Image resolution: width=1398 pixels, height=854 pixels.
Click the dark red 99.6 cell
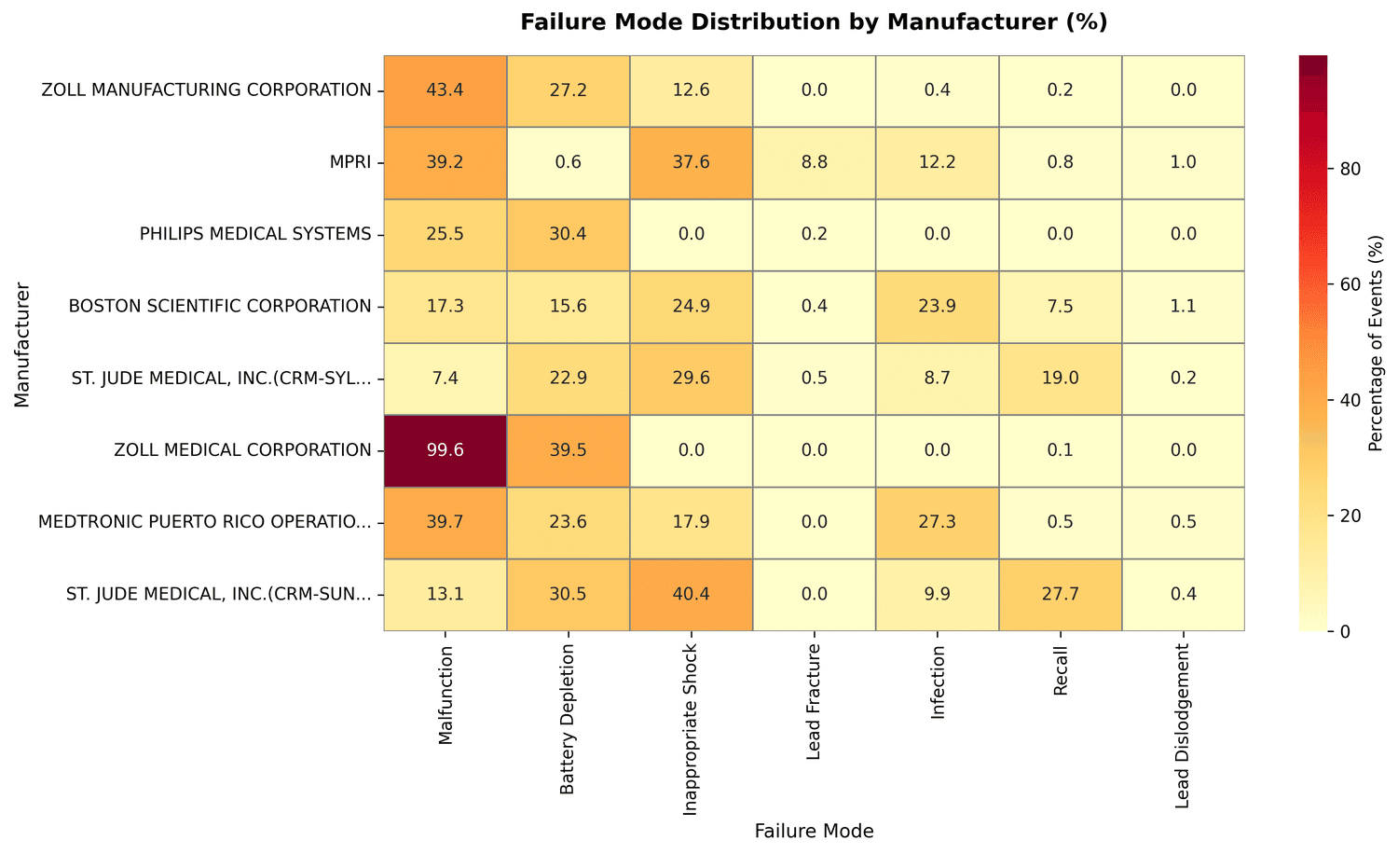click(x=445, y=450)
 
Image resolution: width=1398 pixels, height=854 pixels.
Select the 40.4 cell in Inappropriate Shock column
click(x=691, y=594)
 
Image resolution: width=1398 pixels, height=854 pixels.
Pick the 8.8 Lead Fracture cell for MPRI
click(x=814, y=162)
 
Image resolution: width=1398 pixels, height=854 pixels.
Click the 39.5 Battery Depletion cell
click(x=568, y=450)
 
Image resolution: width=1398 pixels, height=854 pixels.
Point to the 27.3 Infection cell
click(x=937, y=522)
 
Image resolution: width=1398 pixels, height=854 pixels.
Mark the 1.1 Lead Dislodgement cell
click(x=1183, y=307)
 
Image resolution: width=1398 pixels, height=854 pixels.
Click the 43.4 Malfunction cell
click(x=445, y=90)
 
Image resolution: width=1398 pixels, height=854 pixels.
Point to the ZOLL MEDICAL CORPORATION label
click(x=241, y=450)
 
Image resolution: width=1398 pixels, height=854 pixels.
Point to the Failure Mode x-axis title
click(x=814, y=832)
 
